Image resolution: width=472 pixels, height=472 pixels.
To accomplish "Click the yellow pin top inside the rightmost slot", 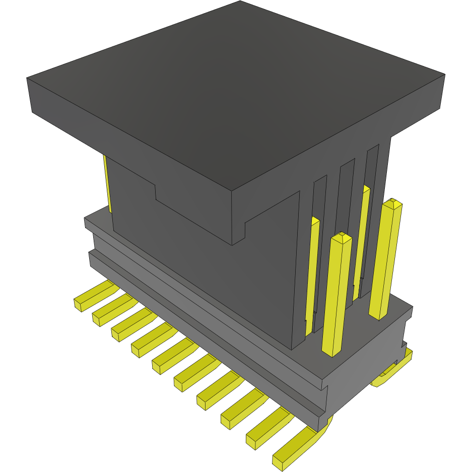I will coord(366,189).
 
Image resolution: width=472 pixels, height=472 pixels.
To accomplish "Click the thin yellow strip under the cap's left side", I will coord(107,184).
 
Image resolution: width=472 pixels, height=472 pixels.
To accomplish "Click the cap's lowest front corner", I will coord(232,245).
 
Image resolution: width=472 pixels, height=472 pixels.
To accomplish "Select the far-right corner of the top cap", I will coord(445,75).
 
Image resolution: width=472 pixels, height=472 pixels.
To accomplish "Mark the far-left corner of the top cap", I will coord(27,79).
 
